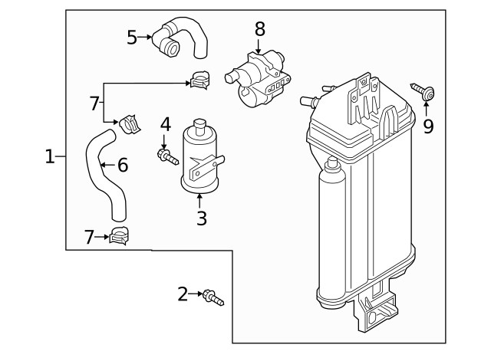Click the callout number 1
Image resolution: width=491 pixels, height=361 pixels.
pos(50,157)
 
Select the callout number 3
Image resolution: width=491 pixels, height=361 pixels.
pos(201,219)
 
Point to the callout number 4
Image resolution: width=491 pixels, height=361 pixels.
pos(165,124)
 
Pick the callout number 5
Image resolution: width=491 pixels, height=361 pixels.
pos(132,36)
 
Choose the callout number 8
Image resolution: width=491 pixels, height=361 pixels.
pos(259,29)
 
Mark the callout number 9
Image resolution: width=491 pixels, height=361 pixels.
pos(428,125)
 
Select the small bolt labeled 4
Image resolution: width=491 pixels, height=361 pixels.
pos(166,159)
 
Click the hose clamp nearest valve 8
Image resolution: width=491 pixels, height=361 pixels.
pos(201,77)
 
